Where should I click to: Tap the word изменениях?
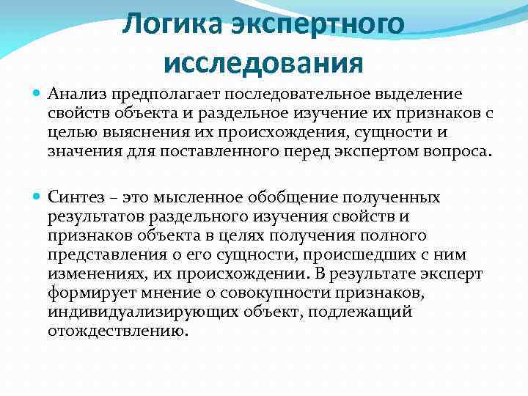[95, 274]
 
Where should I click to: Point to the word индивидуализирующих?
[139, 312]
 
